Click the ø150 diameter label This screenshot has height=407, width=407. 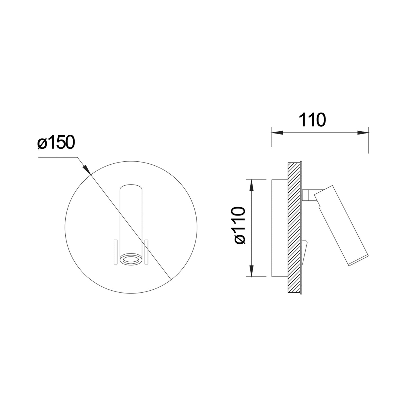tap(56, 142)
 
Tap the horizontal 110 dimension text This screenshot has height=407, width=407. tap(312, 120)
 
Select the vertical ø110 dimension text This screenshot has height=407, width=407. tap(239, 226)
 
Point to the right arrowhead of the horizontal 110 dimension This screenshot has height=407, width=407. tap(363, 133)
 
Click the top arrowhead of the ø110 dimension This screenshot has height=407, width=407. tap(251, 185)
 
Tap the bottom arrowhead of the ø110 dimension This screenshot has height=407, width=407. tap(251, 271)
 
